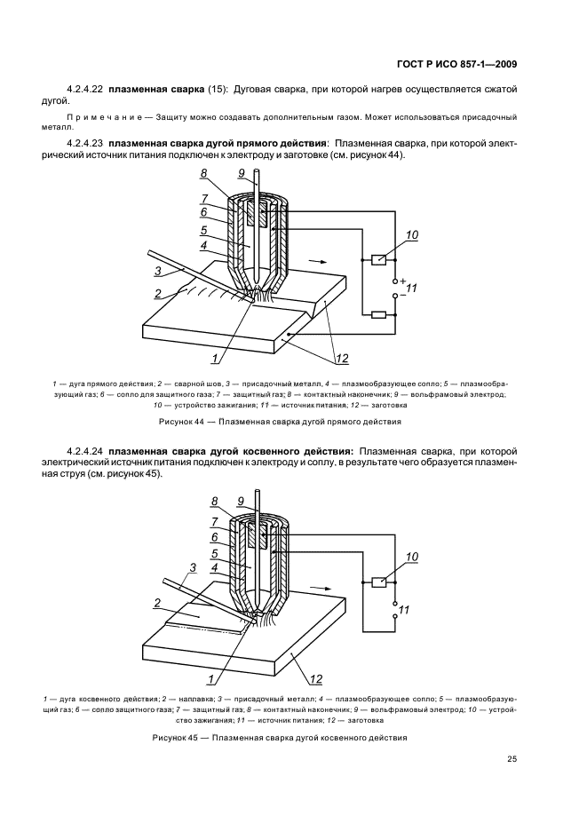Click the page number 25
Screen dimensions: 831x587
point(512,757)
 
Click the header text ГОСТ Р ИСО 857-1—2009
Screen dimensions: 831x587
point(456,65)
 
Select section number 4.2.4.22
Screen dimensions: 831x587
point(84,91)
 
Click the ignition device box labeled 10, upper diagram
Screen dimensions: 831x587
point(377,259)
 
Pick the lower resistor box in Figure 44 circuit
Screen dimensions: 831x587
point(377,314)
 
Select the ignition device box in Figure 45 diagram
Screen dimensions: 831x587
point(377,582)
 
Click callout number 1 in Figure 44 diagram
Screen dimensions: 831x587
point(214,359)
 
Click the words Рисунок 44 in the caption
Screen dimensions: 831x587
point(181,421)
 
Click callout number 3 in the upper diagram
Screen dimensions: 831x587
point(157,270)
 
